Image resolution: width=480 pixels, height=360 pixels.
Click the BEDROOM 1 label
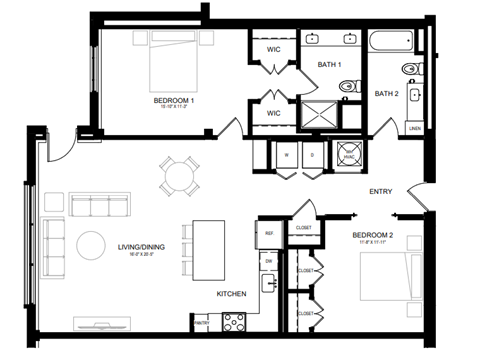coord(174,101)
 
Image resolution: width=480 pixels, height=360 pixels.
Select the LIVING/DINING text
coord(140,250)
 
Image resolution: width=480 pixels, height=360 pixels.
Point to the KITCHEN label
coord(232,294)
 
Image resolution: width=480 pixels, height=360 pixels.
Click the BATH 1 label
coord(329,65)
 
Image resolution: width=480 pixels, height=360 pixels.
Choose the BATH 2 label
coord(386,94)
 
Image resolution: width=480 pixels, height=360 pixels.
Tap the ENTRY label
coord(380,192)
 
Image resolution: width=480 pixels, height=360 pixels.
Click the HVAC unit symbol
coord(349,156)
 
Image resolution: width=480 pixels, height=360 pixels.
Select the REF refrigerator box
coord(269,233)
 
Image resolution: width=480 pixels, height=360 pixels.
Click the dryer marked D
coord(312,156)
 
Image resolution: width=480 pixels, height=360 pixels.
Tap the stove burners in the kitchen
coord(233,321)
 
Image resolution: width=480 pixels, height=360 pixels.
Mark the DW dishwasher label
coord(268,261)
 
